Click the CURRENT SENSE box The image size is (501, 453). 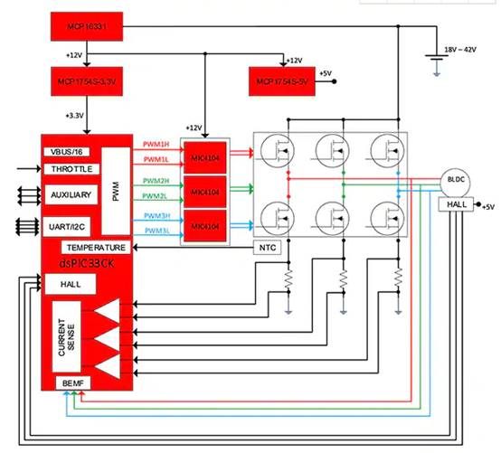(x=64, y=340)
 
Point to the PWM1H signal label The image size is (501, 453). (x=156, y=145)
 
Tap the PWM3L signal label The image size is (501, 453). (x=156, y=231)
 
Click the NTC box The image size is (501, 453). (x=263, y=247)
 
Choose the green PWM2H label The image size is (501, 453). (x=156, y=181)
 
